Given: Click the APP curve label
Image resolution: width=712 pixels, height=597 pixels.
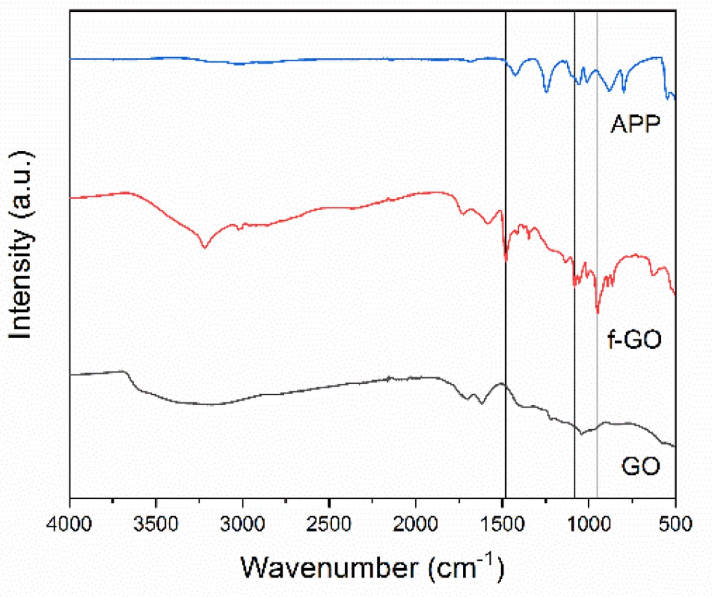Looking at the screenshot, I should [635, 124].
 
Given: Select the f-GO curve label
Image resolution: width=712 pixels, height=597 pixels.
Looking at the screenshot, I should [634, 341].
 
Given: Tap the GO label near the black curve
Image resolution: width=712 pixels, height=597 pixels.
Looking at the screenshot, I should [641, 467].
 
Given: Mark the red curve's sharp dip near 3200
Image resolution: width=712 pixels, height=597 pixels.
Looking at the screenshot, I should [205, 247].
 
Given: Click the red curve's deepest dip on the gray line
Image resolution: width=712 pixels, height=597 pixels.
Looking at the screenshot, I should [597, 311].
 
